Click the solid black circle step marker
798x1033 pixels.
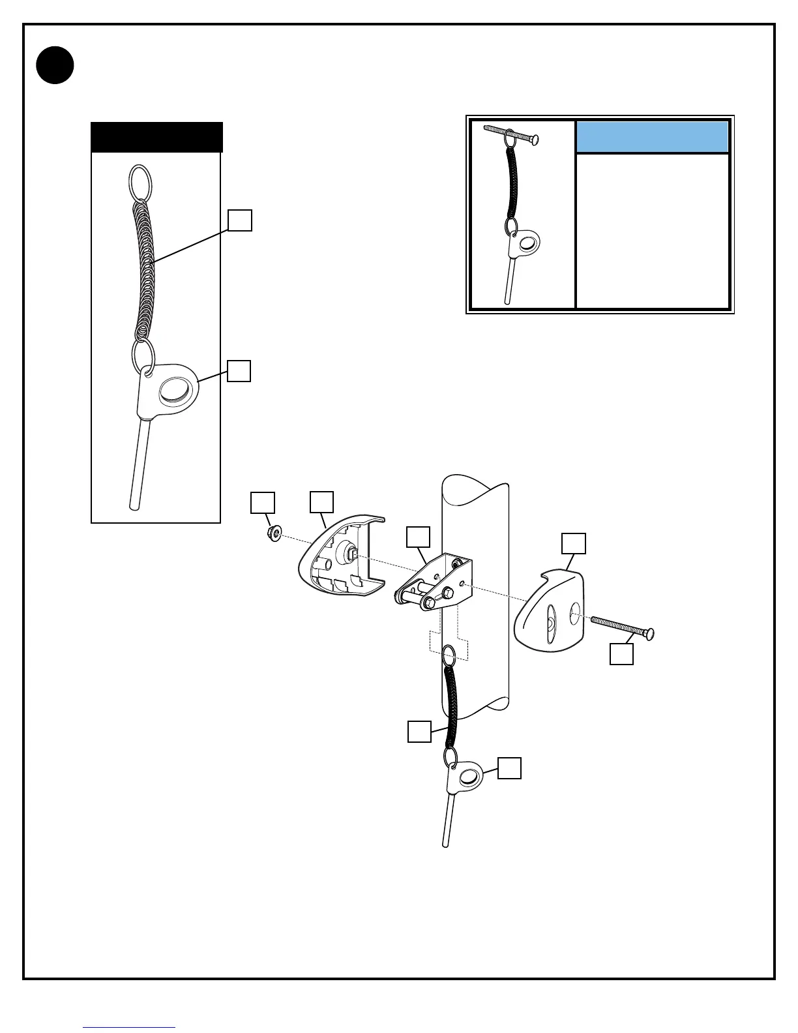click(55, 65)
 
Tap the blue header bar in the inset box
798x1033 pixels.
click(652, 137)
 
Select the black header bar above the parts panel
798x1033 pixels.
click(156, 137)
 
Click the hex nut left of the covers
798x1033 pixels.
click(274, 534)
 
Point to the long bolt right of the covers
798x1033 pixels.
click(623, 627)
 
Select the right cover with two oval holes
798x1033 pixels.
click(549, 613)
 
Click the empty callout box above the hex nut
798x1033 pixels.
click(263, 503)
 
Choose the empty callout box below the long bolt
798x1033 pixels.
click(621, 654)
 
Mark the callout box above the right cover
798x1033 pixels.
click(574, 544)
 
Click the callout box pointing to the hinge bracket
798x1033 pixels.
click(418, 537)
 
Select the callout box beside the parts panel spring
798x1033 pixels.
click(240, 220)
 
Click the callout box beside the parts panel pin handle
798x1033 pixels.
click(239, 371)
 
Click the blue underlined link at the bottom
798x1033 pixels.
click(129, 1027)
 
